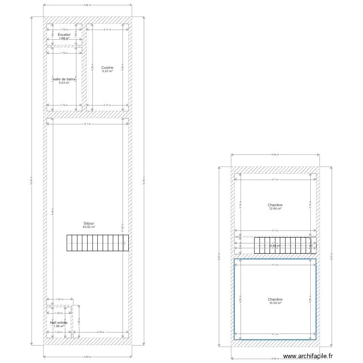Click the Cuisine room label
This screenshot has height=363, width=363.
107,67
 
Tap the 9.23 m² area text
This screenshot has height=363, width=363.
107,71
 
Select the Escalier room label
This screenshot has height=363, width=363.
64,35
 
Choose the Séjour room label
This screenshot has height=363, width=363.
89,223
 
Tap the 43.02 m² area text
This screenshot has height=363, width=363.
89,227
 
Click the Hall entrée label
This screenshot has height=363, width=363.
59,322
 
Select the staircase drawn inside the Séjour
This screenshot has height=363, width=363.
97,243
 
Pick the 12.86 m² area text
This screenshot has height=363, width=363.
275,209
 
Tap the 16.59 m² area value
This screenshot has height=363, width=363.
275,303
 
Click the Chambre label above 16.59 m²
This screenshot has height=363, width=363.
275,300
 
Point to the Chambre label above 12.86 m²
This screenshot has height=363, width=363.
275,205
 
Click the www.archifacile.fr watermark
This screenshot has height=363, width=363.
308,356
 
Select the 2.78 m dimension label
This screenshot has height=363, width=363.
100,332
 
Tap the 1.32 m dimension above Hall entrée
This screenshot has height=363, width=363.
59,299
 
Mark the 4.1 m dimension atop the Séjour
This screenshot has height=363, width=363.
87,124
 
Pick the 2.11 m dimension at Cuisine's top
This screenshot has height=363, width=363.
107,30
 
